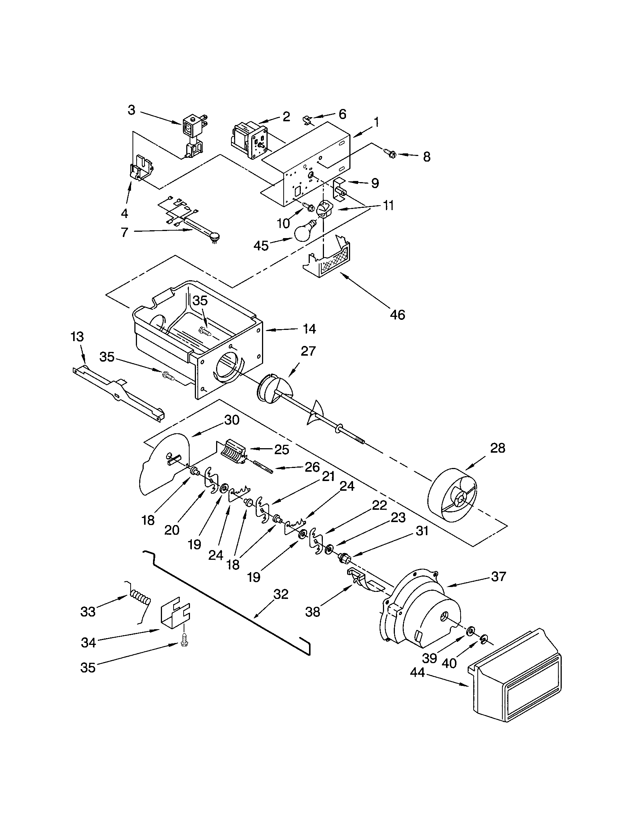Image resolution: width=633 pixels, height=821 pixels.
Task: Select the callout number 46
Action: [x=397, y=315]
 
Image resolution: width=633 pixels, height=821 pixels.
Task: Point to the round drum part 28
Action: [x=453, y=496]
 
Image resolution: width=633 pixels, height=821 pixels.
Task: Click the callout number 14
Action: [x=309, y=329]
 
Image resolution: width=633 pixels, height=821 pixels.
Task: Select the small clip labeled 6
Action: [x=308, y=120]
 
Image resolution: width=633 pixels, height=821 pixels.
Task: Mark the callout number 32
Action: [x=281, y=594]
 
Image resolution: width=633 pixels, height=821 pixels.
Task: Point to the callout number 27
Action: [x=308, y=351]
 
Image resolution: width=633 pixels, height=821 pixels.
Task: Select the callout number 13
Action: [x=77, y=337]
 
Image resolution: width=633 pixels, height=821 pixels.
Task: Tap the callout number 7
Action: [x=124, y=232]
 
